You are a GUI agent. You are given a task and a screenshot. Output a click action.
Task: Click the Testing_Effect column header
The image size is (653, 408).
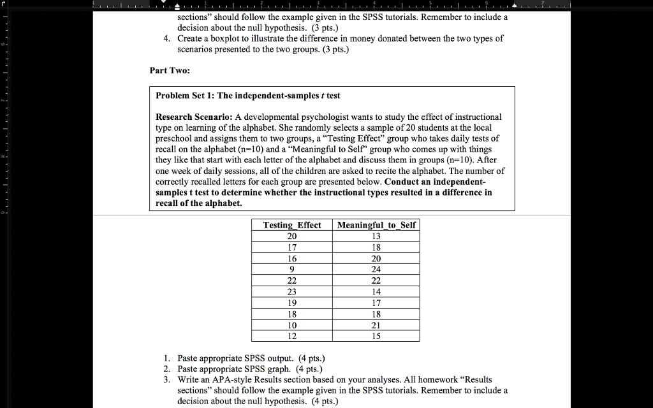tap(292, 225)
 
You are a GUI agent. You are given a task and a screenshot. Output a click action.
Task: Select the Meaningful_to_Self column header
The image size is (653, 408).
tap(376, 225)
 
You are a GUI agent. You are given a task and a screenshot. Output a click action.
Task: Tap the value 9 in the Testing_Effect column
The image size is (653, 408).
tap(292, 270)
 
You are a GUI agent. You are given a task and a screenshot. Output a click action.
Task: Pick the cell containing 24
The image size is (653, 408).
tap(376, 270)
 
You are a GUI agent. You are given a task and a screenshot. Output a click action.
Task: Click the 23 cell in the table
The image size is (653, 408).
tap(292, 292)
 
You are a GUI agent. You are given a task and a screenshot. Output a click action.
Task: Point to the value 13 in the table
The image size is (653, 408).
tap(376, 236)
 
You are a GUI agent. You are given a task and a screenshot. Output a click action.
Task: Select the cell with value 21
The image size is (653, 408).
tap(376, 325)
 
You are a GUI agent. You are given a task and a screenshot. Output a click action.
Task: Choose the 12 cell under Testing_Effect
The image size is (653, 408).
tap(292, 336)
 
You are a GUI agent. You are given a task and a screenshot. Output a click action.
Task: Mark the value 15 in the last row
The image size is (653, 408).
tap(376, 336)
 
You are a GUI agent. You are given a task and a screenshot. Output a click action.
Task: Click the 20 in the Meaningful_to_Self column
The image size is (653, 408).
tap(376, 258)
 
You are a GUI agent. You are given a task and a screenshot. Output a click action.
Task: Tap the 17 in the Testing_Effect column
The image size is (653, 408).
tap(292, 247)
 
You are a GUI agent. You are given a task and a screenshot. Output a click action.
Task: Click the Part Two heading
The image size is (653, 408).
tap(170, 71)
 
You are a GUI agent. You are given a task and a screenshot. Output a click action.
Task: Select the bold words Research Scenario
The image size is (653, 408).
tap(194, 117)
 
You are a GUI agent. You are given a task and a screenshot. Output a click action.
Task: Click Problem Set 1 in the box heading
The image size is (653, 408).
tap(184, 96)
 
